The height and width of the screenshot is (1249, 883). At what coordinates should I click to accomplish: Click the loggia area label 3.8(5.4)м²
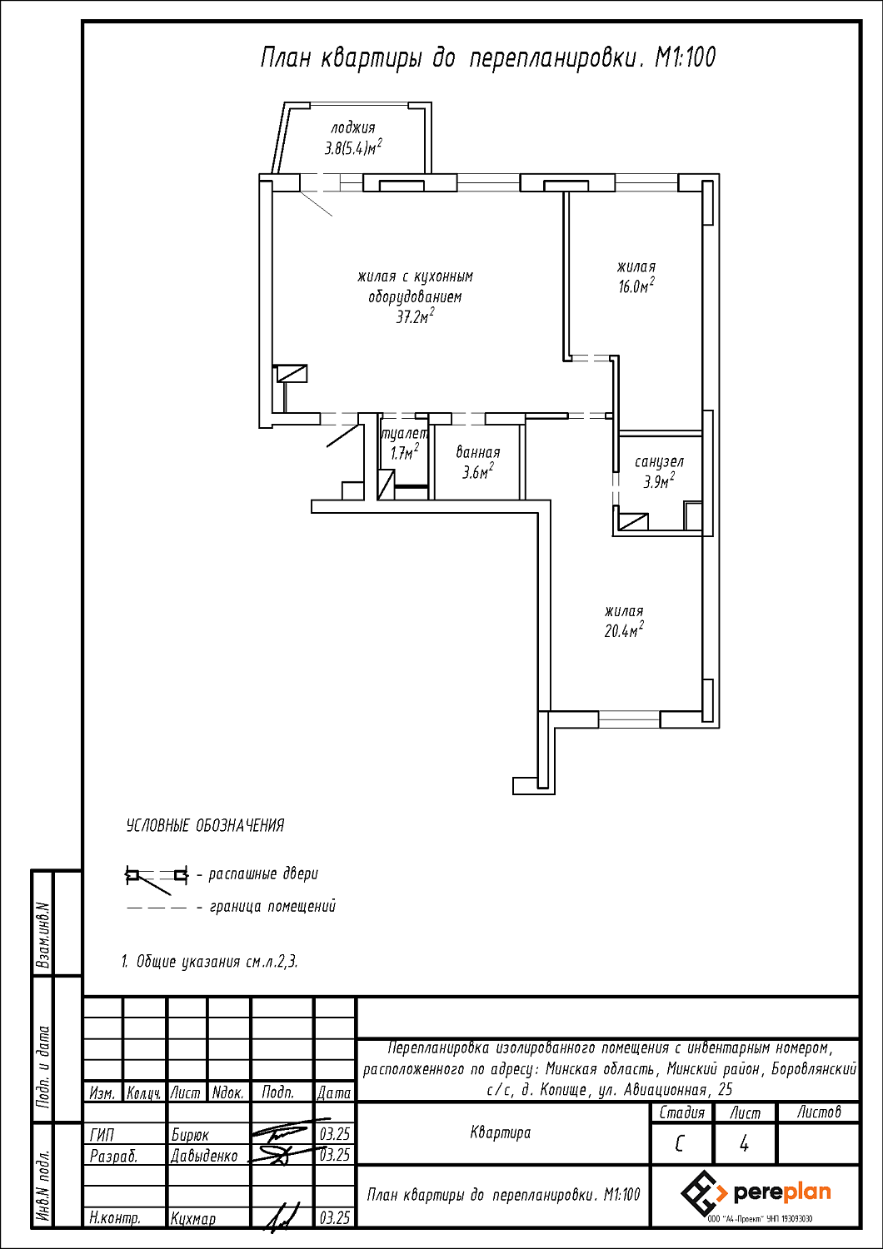354,148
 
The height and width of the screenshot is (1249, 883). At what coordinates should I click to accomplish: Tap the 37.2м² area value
415,318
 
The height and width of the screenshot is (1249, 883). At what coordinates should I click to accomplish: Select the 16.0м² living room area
636,286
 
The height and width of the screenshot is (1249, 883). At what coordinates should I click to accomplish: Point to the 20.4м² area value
624,630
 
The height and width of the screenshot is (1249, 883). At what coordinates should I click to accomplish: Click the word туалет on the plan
404,433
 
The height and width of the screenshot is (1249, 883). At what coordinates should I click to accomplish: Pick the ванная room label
478,452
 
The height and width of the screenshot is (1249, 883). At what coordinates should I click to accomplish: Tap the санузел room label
659,461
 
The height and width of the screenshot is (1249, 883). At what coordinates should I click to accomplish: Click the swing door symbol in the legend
157,876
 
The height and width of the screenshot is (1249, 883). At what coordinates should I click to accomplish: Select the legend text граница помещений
272,906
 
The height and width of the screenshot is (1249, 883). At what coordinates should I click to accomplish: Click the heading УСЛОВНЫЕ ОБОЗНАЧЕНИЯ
205,825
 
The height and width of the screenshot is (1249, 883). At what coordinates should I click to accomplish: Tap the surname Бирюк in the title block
190,1135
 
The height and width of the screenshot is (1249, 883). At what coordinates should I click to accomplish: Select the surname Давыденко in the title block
204,1156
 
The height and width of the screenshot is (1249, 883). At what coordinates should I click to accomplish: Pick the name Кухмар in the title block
193,1234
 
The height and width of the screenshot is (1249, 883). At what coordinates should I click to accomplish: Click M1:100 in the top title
685,58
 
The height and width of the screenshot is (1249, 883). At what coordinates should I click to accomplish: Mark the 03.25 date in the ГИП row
335,1135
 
